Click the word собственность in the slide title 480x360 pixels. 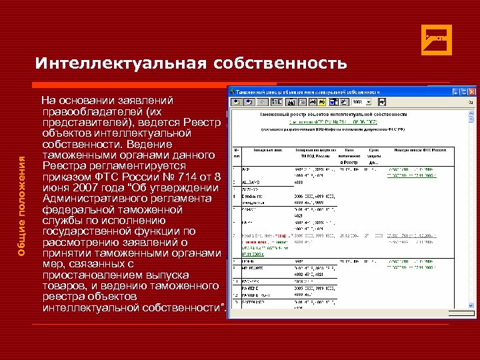pos(281,63)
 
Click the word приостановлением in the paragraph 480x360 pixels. pos(91,275)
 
